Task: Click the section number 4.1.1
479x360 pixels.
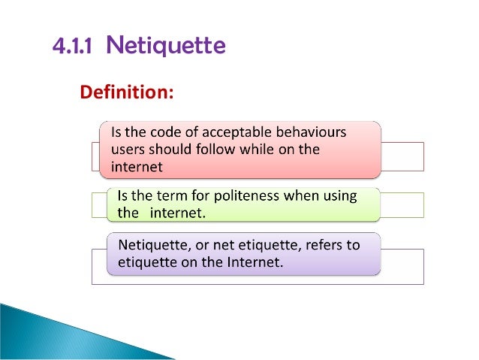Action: [x=73, y=47]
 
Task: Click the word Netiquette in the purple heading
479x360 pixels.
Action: [x=165, y=47]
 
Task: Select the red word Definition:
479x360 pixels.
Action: [x=126, y=92]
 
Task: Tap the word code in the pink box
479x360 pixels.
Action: [x=173, y=132]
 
